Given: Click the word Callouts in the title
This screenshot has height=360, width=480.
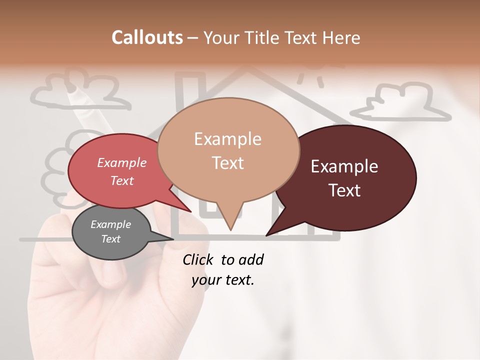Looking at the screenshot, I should pyautogui.click(x=147, y=37).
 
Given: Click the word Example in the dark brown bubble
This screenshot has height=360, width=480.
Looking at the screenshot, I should pyautogui.click(x=344, y=166).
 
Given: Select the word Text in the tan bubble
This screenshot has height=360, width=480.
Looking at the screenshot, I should pyautogui.click(x=228, y=163).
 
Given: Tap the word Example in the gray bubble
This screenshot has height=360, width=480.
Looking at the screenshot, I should pyautogui.click(x=110, y=224).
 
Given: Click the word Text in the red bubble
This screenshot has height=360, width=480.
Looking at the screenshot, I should pyautogui.click(x=122, y=180).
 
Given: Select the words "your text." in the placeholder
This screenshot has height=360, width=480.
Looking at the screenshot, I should pyautogui.click(x=223, y=280).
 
